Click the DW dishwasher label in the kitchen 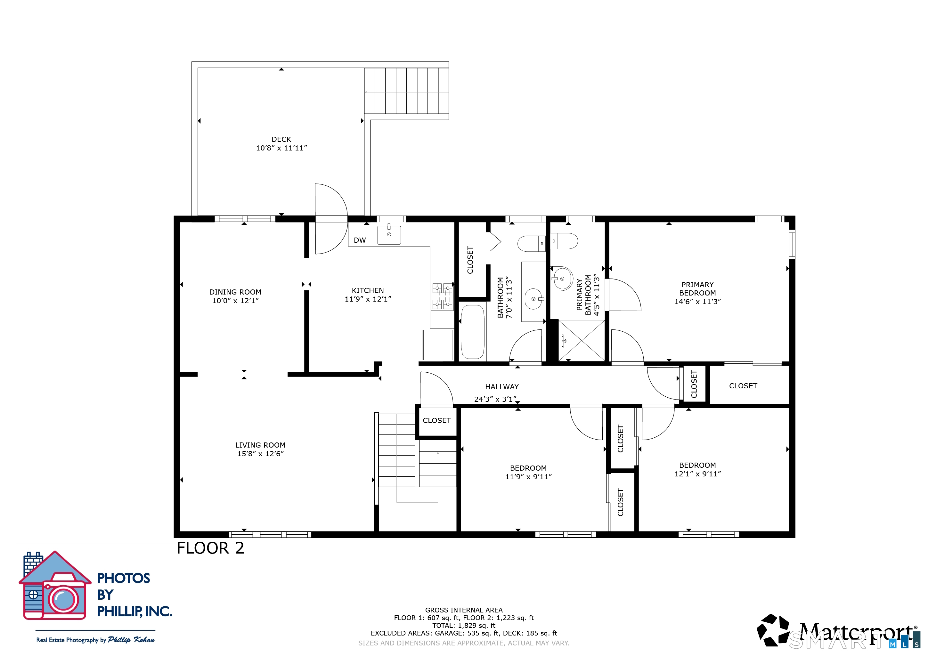[359, 240]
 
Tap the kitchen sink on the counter [389, 235]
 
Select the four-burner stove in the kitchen [442, 296]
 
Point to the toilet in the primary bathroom [564, 241]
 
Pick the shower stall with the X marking [582, 340]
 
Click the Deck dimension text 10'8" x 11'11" [281, 148]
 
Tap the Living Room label [260, 445]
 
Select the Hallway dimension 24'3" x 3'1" [495, 399]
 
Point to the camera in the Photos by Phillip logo [63, 599]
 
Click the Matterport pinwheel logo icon [772, 630]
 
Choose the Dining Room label [235, 292]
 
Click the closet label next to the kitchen [470, 260]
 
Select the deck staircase [406, 91]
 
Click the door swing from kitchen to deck [330, 219]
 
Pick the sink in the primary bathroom [562, 279]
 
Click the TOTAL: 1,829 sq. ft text [464, 625]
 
